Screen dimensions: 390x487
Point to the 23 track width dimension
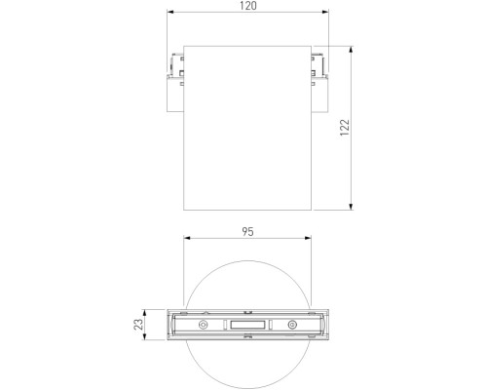(x=139, y=324)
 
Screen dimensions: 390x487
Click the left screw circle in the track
(x=203, y=325)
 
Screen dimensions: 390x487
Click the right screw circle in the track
(x=289, y=325)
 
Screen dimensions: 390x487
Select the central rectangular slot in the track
(x=246, y=325)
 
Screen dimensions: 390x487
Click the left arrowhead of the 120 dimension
(x=167, y=15)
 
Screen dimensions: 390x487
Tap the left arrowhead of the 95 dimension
(x=188, y=240)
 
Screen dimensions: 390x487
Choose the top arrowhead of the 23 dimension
(x=147, y=312)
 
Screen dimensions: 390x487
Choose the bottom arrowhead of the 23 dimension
(x=147, y=336)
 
